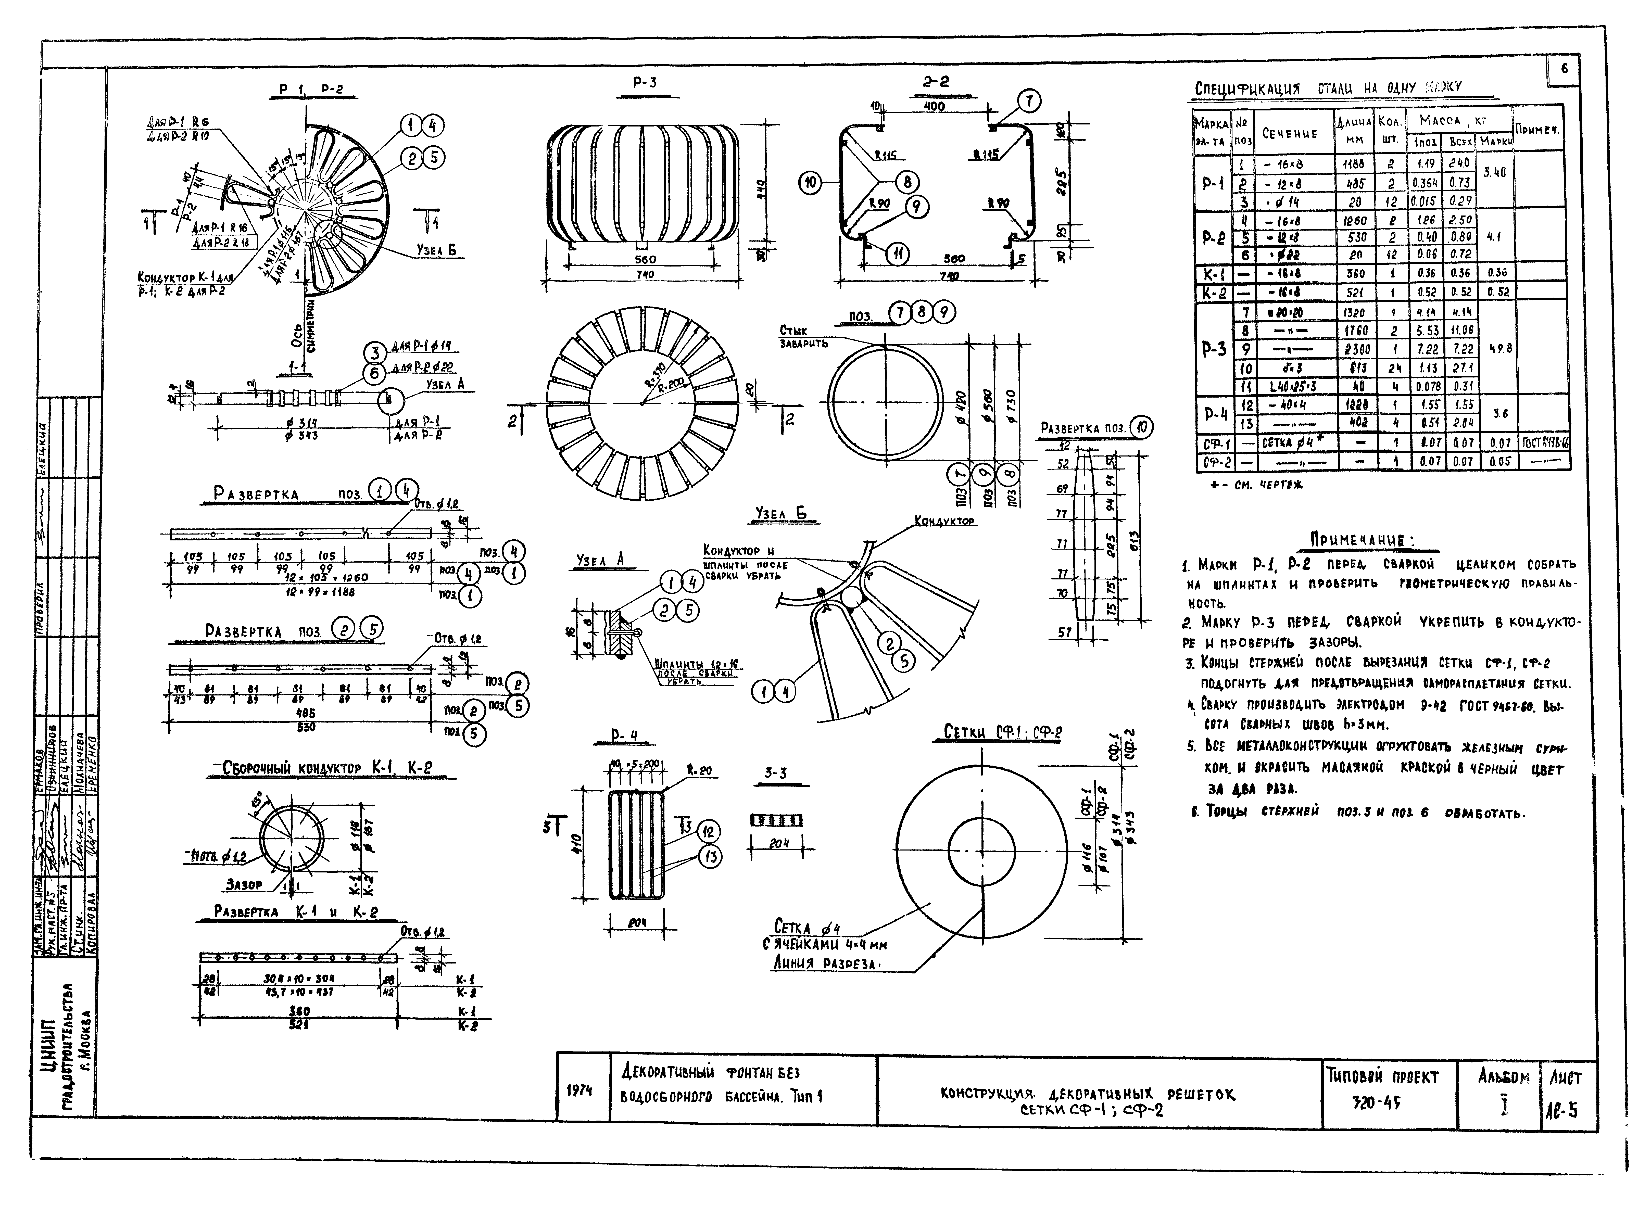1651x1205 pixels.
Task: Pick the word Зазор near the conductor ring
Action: click(x=244, y=885)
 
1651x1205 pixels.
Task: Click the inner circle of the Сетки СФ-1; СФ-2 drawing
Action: click(x=981, y=851)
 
